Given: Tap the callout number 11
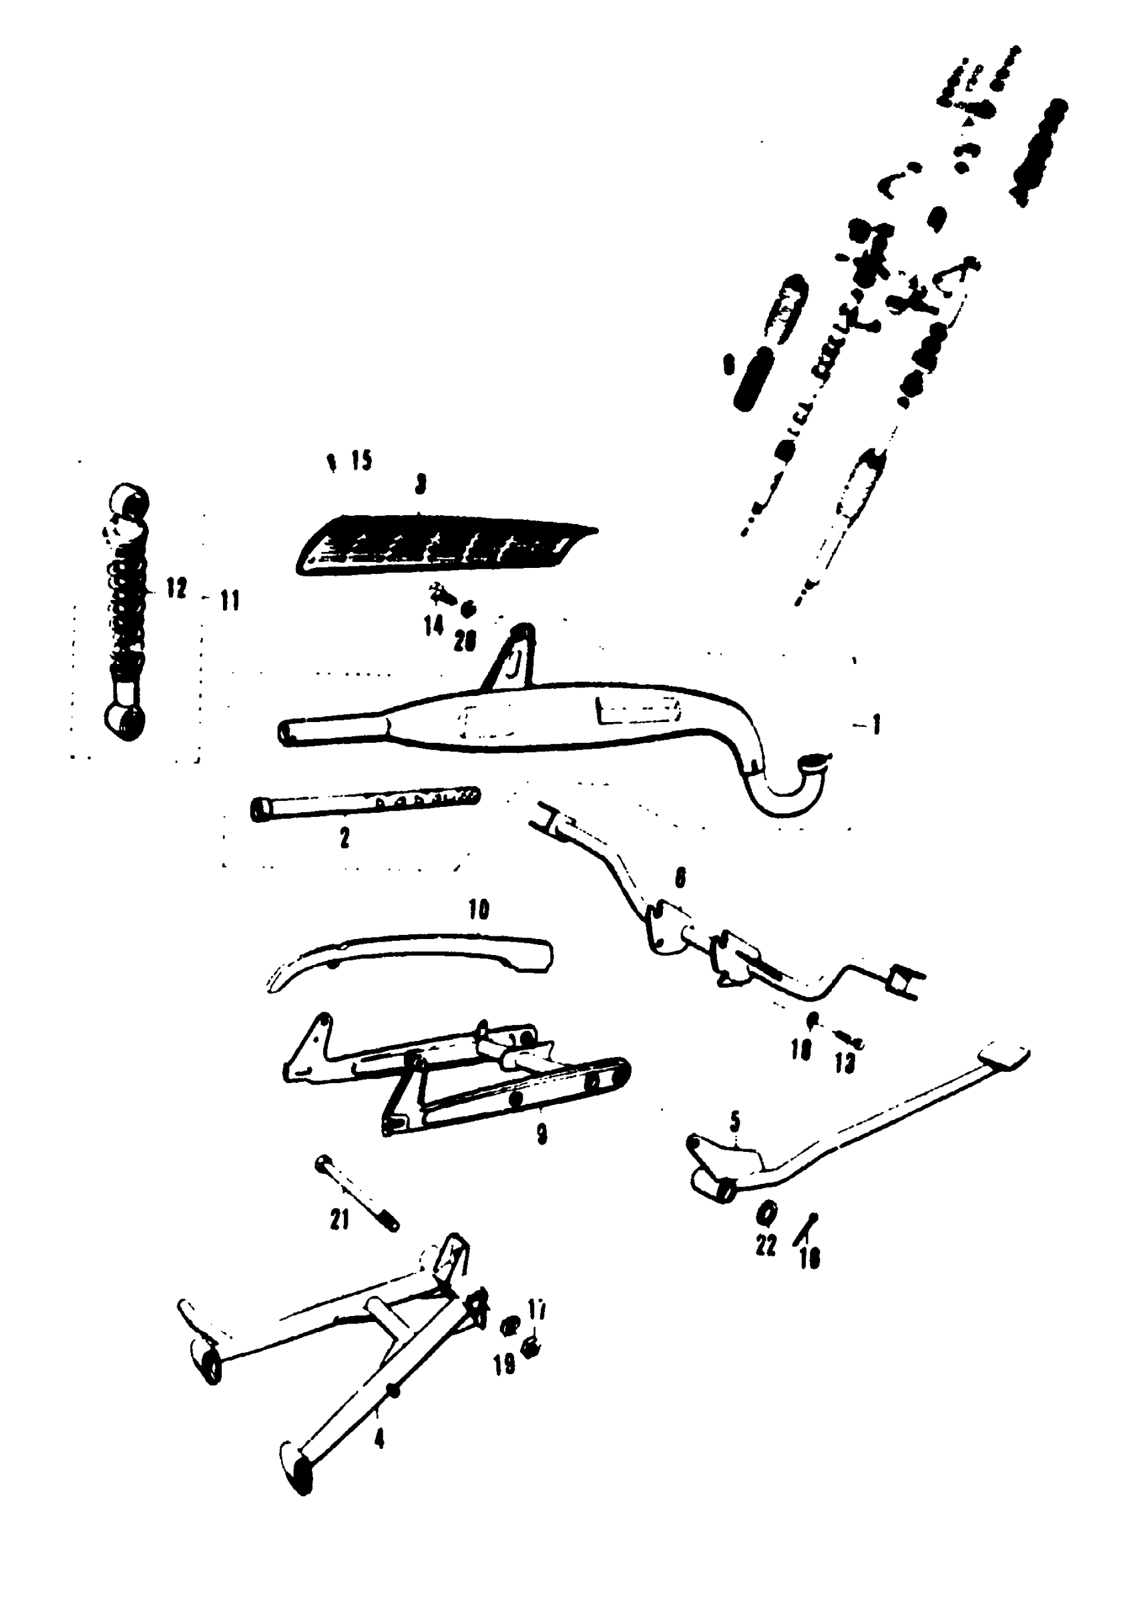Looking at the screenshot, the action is click(x=230, y=599).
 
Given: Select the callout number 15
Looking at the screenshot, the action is click(x=361, y=460).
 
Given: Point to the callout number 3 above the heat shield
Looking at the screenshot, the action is click(x=420, y=484).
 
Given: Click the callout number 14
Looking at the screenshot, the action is click(x=433, y=626).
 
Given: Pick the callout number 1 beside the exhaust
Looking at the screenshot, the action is click(x=876, y=725).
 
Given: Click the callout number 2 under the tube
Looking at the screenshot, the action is click(x=345, y=838).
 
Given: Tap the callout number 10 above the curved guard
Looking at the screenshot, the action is click(x=479, y=909).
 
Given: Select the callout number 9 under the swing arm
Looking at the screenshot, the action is click(x=541, y=1134).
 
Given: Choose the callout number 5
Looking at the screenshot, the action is click(x=734, y=1122).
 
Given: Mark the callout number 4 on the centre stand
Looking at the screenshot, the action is click(x=379, y=1438).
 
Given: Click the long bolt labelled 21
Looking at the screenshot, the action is click(x=357, y=1193).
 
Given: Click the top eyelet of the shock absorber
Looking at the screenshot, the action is click(x=130, y=500).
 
